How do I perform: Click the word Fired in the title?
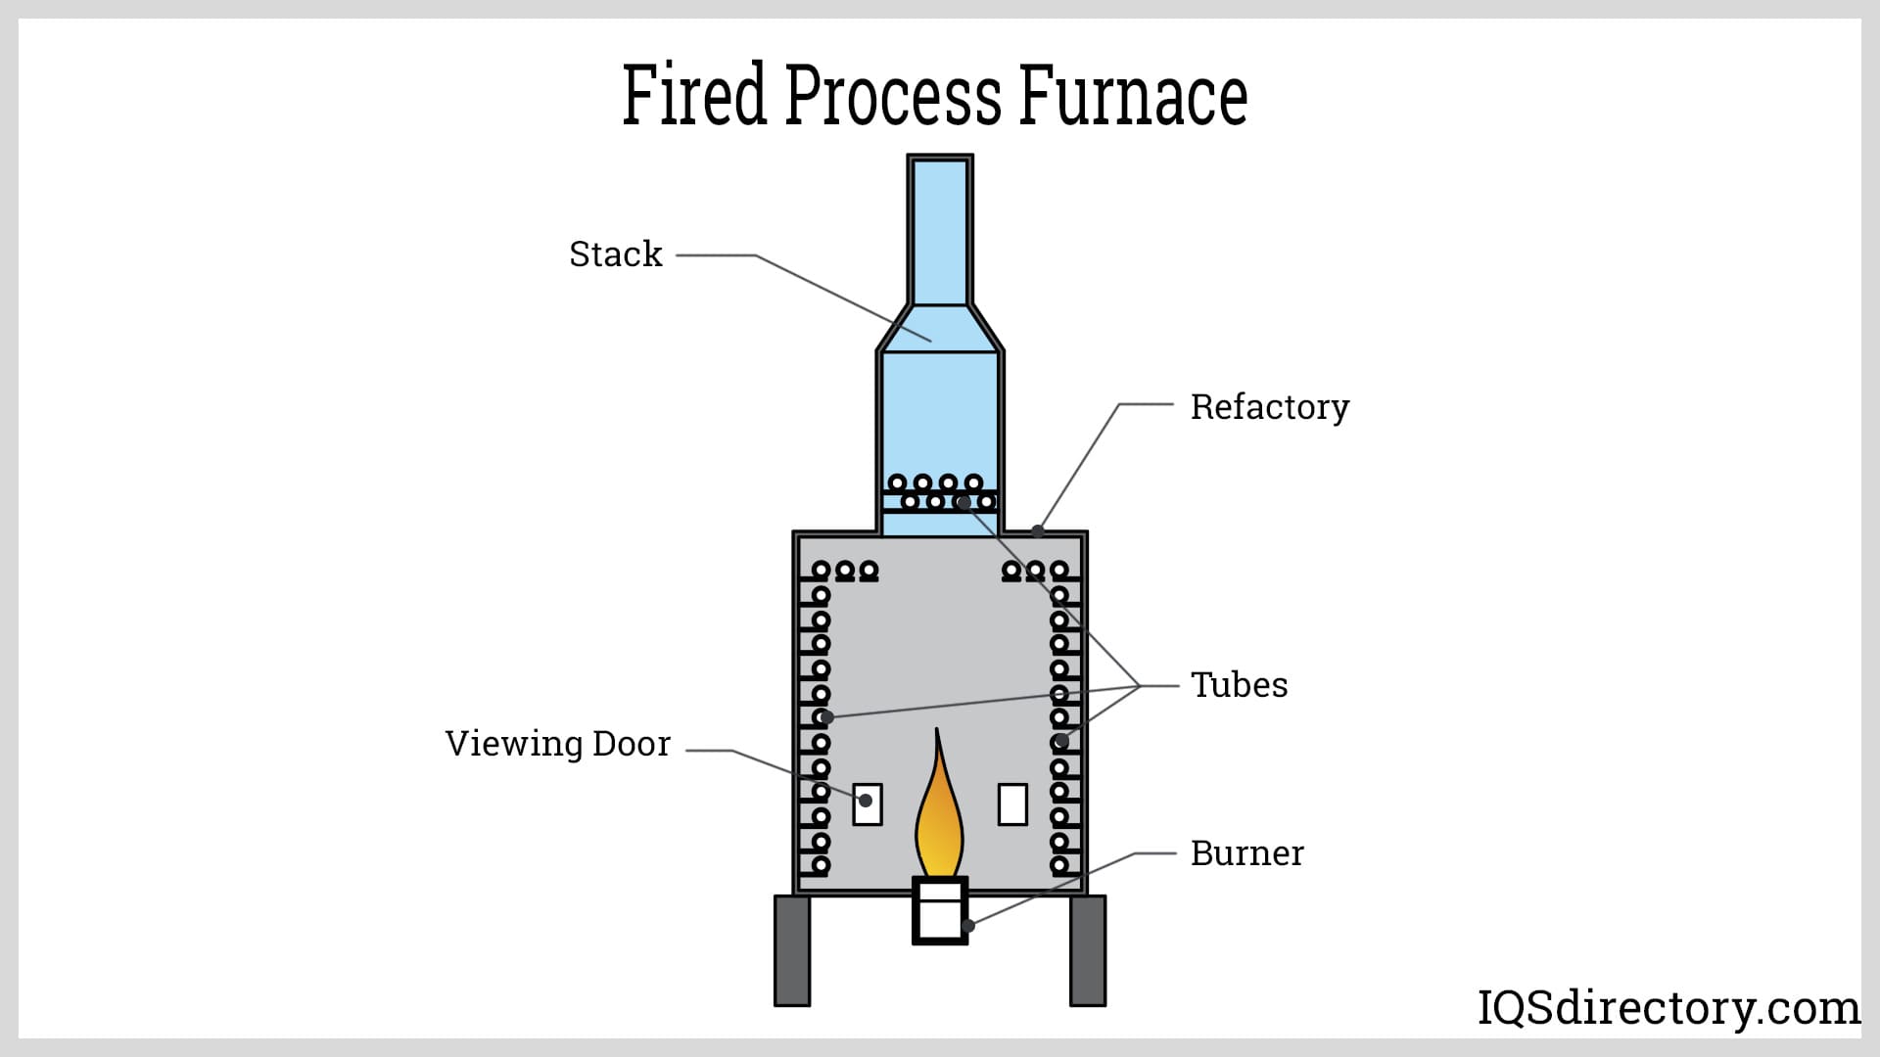[693, 95]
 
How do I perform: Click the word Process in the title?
[892, 95]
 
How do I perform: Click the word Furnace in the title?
[1133, 95]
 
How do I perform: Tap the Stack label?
[615, 254]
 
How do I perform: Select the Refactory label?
[1269, 406]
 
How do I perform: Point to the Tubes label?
[1239, 684]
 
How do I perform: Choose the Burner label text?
[1246, 853]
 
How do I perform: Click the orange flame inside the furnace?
[938, 822]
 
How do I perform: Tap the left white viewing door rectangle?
[868, 804]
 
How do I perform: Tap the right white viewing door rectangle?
[1012, 804]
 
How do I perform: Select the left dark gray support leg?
[792, 950]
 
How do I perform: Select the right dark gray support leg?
[1087, 950]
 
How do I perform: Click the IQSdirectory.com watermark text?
[1668, 1007]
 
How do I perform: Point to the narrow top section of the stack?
[940, 230]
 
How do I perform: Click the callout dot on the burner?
[967, 925]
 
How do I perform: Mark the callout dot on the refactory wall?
[1038, 531]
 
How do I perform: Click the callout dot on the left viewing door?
[865, 801]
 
